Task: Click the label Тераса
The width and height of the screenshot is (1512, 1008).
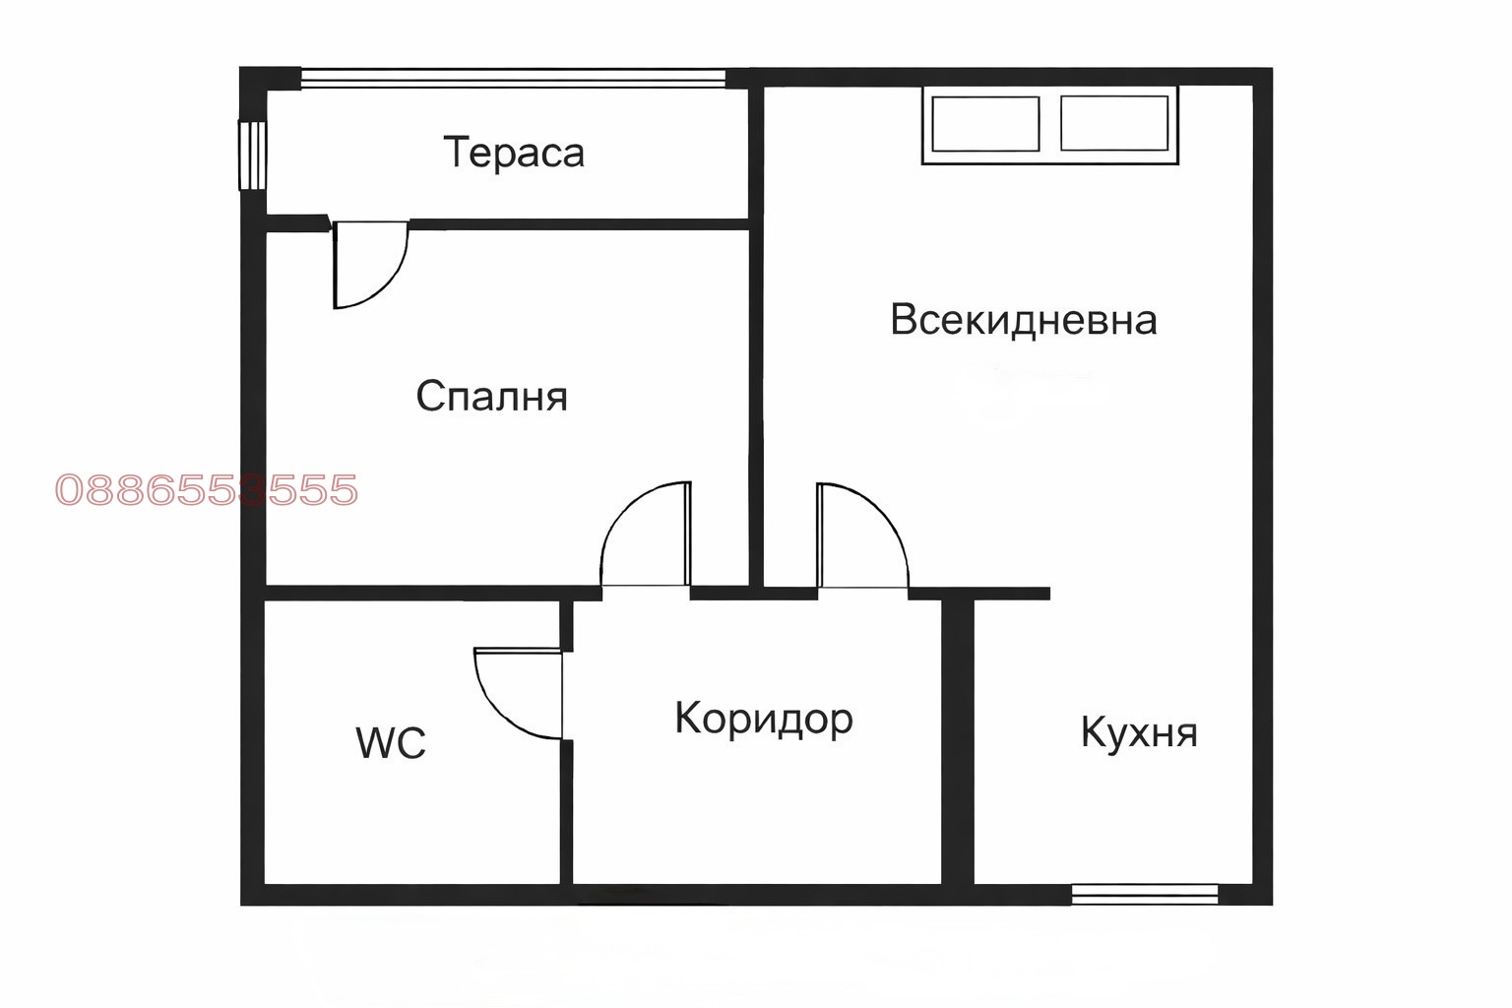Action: click(x=514, y=153)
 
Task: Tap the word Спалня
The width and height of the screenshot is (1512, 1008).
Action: click(x=491, y=396)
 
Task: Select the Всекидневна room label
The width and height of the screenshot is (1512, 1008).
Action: click(x=1023, y=321)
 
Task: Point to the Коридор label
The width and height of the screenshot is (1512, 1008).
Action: click(x=763, y=719)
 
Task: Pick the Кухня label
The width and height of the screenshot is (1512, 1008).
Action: click(x=1139, y=732)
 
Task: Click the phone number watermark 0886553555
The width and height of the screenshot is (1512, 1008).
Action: click(x=207, y=490)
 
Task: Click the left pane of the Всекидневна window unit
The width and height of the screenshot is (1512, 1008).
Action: click(x=985, y=124)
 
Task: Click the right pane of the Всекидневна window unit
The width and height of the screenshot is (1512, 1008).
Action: click(x=1114, y=124)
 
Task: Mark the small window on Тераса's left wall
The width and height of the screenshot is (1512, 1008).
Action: click(x=253, y=155)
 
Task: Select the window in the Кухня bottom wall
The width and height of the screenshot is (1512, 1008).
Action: click(x=1145, y=894)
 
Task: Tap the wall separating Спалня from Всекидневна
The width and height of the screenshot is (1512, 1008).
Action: click(x=757, y=335)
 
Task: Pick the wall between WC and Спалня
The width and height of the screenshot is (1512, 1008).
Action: click(x=413, y=593)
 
